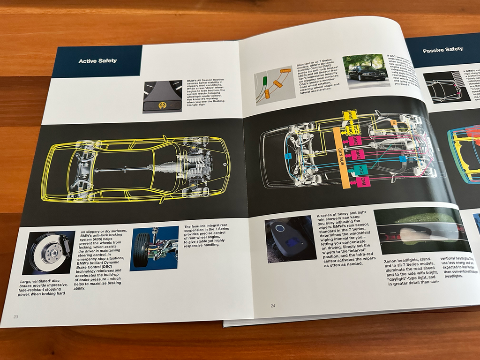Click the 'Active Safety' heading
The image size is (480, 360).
97,61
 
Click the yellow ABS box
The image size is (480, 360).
348,116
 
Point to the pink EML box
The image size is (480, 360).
364,182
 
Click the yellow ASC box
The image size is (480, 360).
350,129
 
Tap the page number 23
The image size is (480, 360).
15,317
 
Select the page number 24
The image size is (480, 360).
273,306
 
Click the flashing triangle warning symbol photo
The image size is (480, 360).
163,97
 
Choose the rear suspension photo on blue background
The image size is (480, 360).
154,248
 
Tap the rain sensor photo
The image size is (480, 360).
290,238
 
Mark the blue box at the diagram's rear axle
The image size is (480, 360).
288,156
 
